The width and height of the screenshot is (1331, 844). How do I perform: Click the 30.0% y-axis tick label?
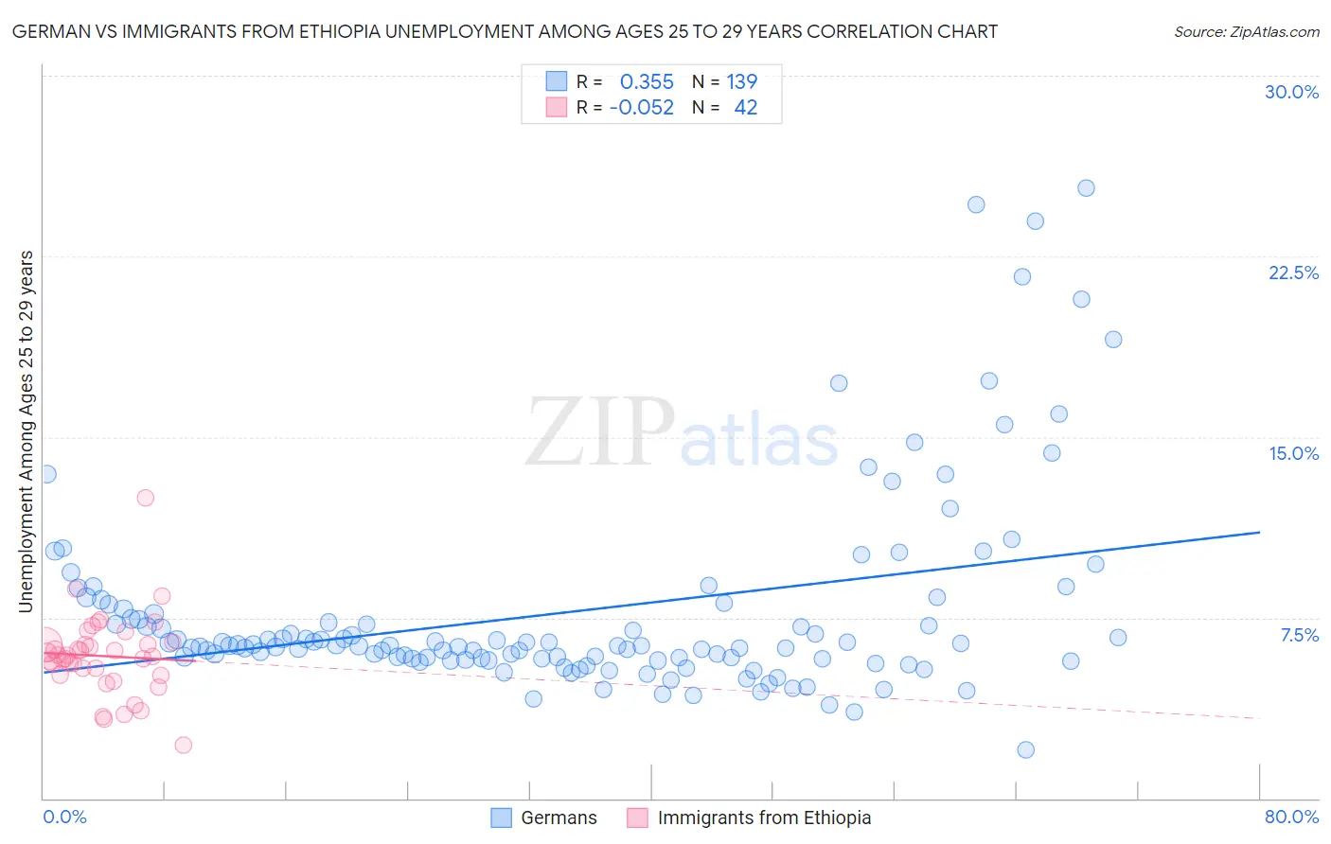tap(1291, 92)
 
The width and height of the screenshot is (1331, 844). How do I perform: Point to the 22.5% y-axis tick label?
tap(1293, 273)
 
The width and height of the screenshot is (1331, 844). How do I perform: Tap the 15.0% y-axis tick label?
tap(1293, 453)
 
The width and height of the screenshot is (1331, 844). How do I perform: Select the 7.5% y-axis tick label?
tap(1299, 635)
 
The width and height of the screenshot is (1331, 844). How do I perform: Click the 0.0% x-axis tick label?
tap(64, 817)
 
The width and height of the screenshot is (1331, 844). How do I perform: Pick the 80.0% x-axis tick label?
tap(1291, 817)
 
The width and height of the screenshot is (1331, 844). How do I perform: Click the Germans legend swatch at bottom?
tap(501, 818)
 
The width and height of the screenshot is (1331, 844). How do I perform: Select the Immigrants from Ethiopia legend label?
tap(764, 818)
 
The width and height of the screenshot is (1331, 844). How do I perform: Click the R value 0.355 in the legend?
tap(647, 81)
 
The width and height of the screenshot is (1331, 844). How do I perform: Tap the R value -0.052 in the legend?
tap(642, 107)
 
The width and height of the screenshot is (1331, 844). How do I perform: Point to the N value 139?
tap(741, 81)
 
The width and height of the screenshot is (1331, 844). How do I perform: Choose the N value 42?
tap(746, 107)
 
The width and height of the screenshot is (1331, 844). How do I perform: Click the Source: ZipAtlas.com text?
tap(1246, 31)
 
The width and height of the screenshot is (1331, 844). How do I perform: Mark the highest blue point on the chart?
tap(1086, 188)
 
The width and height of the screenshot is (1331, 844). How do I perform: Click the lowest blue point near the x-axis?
tap(1025, 749)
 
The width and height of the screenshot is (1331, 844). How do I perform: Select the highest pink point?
tap(145, 498)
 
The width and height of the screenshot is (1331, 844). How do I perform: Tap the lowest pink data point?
tap(184, 745)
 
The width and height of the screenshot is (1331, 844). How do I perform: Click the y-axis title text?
tap(27, 431)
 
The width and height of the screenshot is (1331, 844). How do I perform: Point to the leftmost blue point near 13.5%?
tap(46, 474)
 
